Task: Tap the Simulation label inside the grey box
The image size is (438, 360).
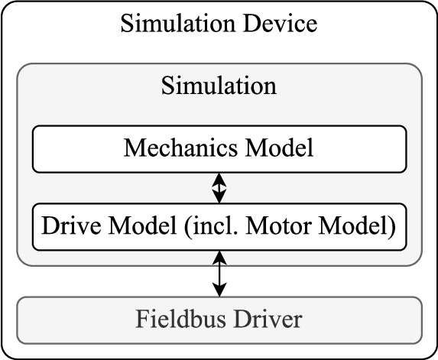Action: [219, 86]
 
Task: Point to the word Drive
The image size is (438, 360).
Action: [65, 226]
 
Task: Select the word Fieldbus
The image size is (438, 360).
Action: [174, 317]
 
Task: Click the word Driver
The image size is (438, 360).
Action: [264, 317]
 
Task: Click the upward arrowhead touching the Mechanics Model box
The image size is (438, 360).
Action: [219, 178]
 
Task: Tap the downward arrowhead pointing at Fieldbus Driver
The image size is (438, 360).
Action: [219, 290]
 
